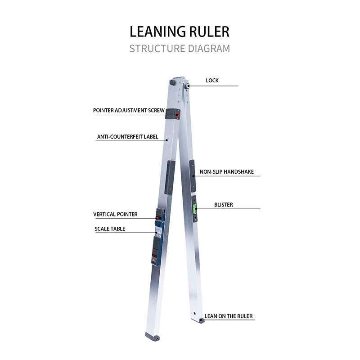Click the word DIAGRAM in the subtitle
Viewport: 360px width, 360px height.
pos(209,49)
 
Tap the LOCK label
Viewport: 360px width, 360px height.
pos(212,81)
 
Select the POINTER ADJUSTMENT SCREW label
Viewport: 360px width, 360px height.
pos(129,110)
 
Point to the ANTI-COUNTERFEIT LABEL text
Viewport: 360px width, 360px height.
pos(128,137)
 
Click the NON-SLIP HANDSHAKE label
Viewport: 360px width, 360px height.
pos(227,172)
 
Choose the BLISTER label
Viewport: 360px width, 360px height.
pos(223,205)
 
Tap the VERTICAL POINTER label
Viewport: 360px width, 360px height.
pos(115,214)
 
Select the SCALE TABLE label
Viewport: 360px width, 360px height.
pos(110,229)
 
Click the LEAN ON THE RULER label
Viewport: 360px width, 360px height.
pos(229,316)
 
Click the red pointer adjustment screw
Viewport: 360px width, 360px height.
pos(177,115)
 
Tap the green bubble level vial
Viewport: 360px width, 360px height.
pos(195,209)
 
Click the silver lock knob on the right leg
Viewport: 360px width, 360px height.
pos(187,86)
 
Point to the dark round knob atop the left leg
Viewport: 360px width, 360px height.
pos(173,82)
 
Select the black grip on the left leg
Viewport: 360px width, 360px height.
pos(170,177)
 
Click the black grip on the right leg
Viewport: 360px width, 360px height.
pos(193,176)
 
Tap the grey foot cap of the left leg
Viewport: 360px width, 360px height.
pos(153,337)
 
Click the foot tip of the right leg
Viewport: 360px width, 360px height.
pos(202,320)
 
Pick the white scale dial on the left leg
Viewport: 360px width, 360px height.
pos(158,231)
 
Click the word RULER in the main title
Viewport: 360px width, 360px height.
pos(209,31)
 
